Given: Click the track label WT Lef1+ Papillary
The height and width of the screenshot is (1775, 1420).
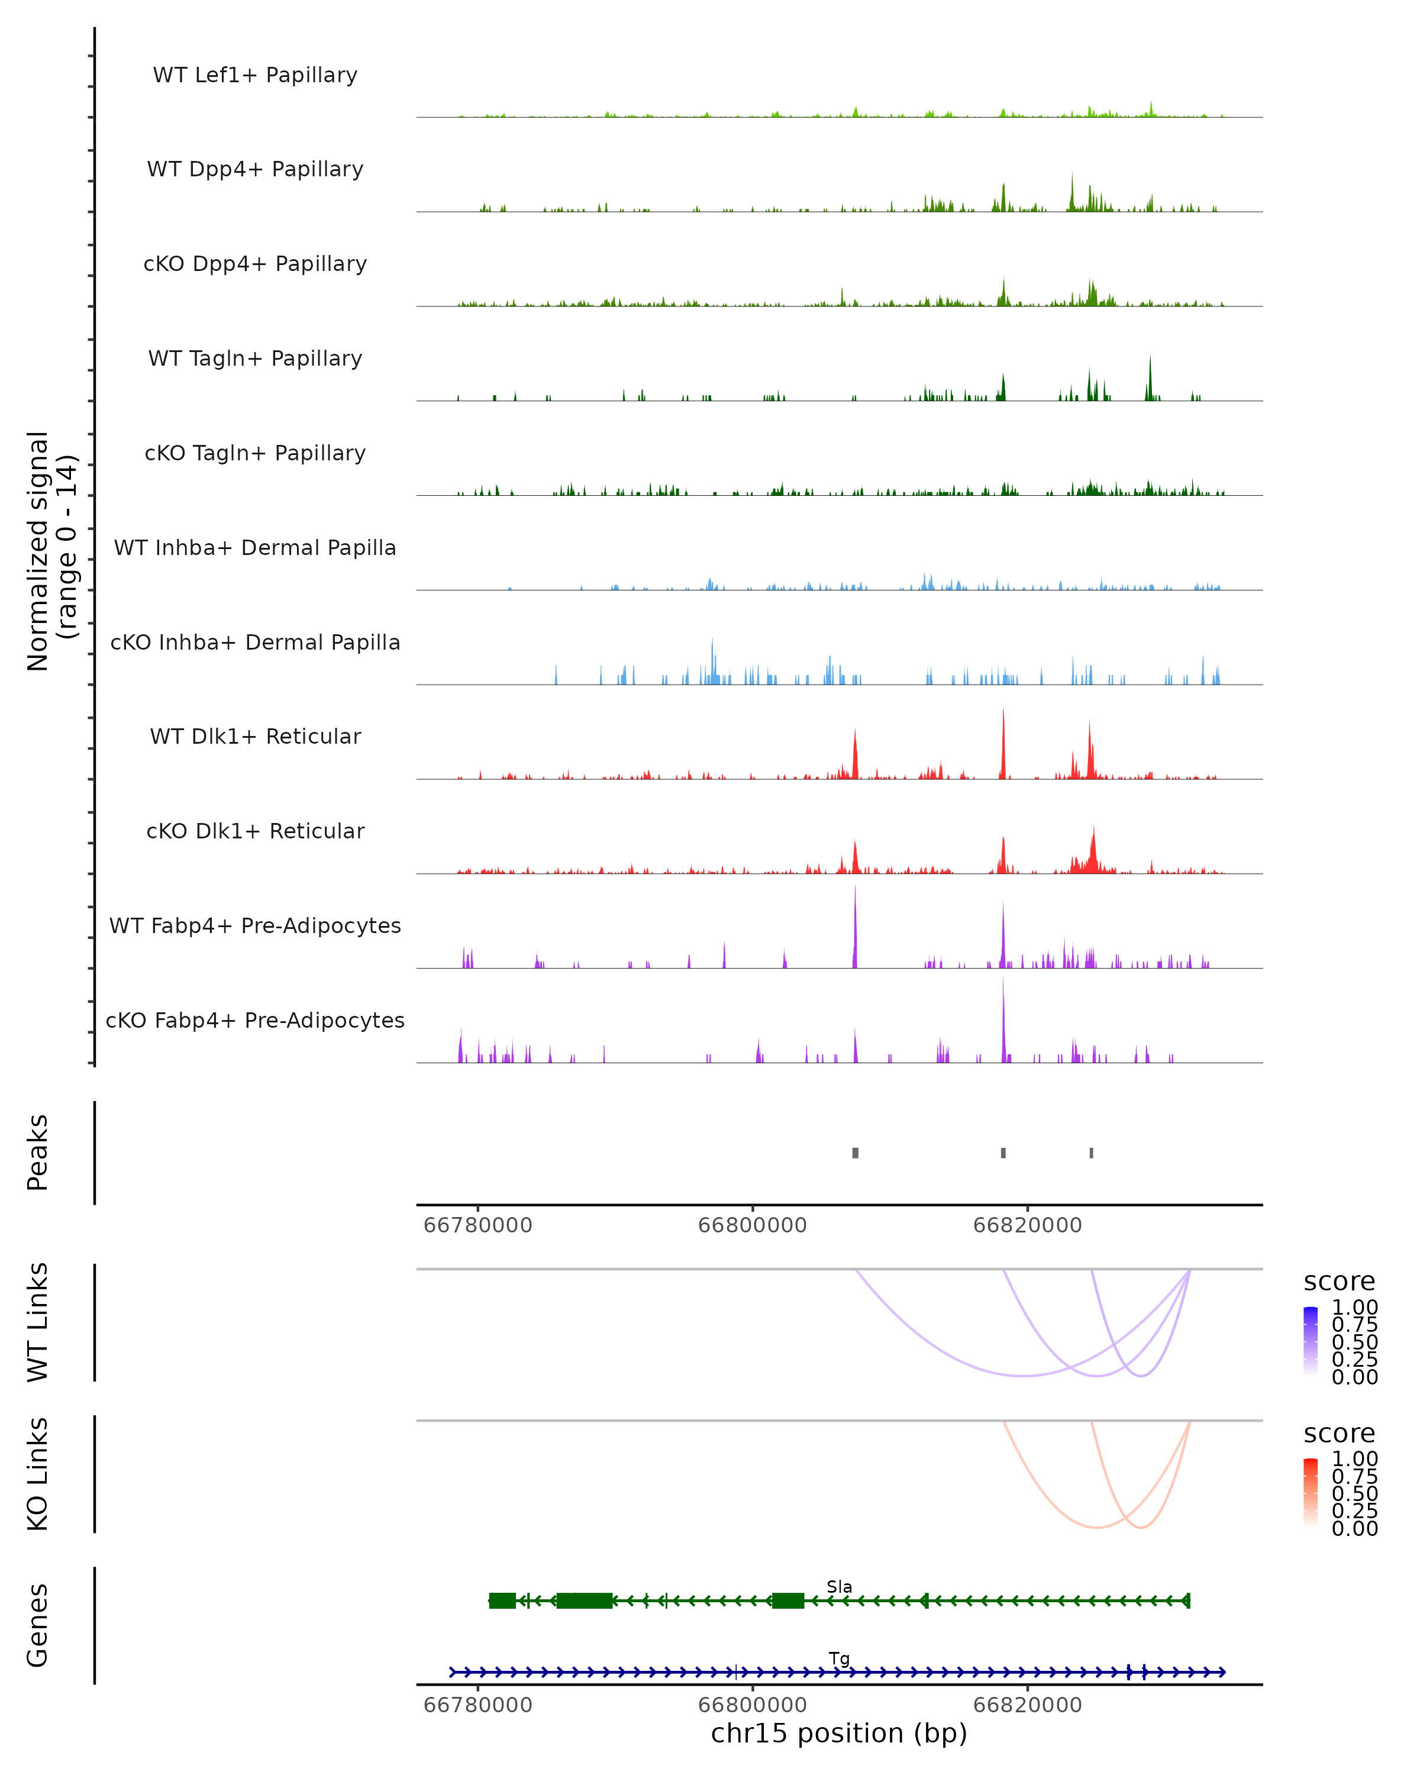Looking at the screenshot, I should [x=255, y=75].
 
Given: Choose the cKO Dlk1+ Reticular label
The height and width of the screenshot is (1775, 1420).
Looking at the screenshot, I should [x=255, y=831].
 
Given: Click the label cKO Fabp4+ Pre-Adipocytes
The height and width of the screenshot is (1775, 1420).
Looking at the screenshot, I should [x=255, y=1020].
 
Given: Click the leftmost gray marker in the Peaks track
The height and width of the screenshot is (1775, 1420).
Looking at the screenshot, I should [x=856, y=1153].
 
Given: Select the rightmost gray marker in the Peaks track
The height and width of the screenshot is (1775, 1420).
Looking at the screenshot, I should [x=1092, y=1153].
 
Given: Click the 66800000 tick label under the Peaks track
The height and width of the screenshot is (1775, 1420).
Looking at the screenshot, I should [x=753, y=1225].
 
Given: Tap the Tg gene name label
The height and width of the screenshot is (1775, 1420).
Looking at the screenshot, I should [x=840, y=1658].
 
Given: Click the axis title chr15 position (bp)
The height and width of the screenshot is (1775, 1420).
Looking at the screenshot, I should [x=839, y=1733].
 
